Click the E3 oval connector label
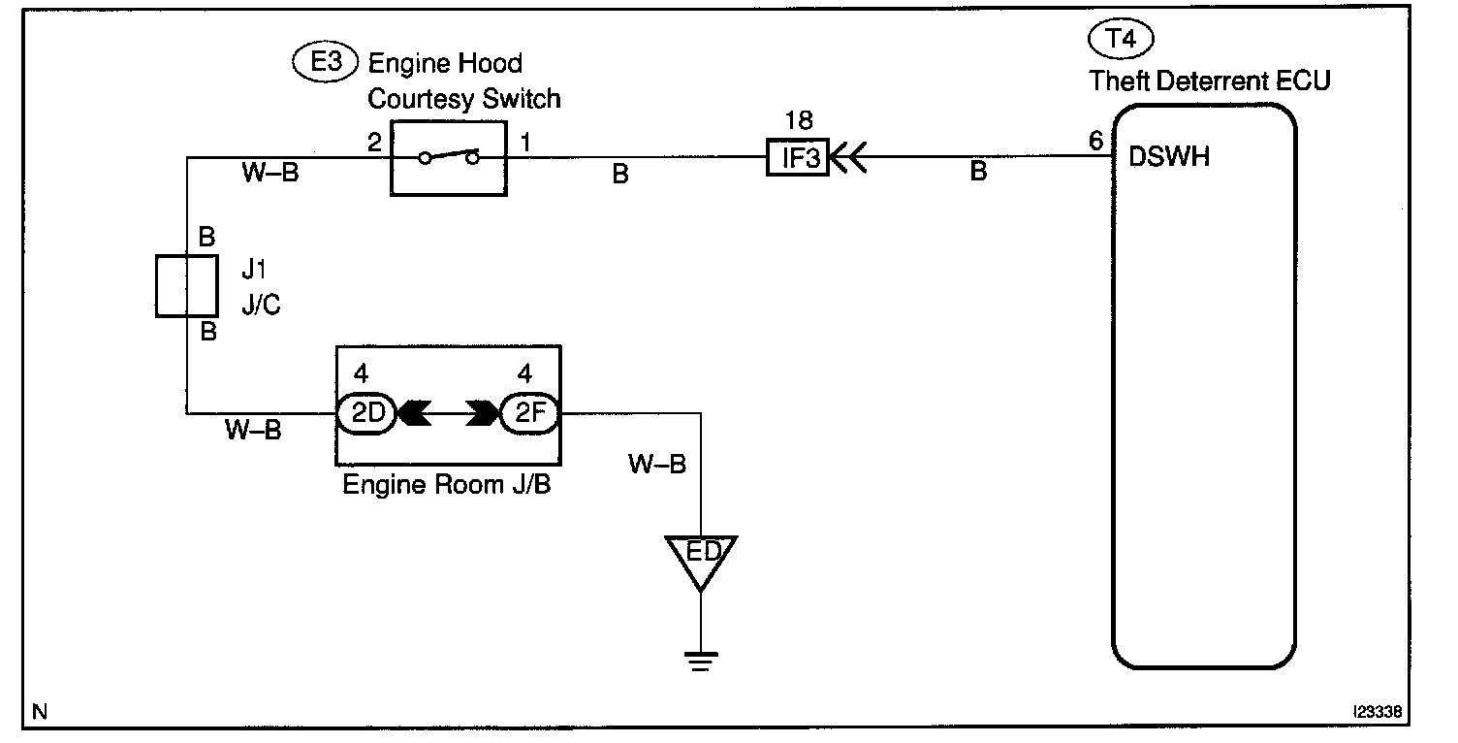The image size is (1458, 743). coord(326,62)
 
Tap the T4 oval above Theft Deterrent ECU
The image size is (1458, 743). coord(1121,39)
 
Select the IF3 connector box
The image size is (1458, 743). coord(797,157)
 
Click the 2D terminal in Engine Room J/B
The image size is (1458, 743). coord(366,413)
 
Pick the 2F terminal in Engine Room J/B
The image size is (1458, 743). coord(529,413)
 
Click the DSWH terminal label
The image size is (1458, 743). coord(1169,157)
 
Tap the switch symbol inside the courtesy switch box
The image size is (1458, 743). coord(449,157)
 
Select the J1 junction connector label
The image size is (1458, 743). coord(254,269)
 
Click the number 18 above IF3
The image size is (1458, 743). coord(799,120)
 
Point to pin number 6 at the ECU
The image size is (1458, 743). coord(1096,141)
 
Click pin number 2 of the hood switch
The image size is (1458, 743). coord(374,142)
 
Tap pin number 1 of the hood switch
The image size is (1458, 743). coord(525,142)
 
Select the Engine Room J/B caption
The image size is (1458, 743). coord(447,485)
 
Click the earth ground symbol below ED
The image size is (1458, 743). coord(701,661)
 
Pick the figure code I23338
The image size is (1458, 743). coord(1378,712)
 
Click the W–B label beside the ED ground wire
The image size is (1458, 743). coord(656,464)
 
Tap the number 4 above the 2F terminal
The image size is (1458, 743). coord(524,373)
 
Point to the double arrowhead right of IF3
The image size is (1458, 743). coord(849,157)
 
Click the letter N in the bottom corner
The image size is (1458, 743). coord(40,712)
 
